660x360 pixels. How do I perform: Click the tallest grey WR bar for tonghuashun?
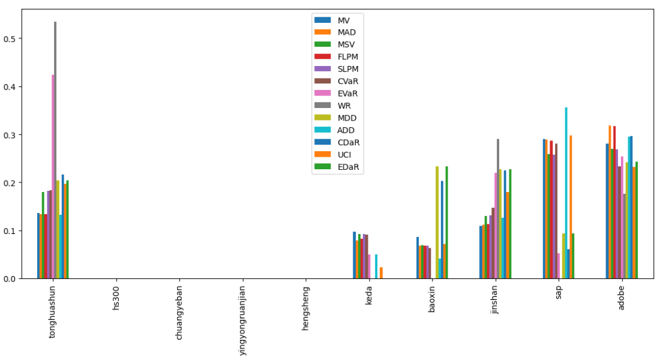(55, 150)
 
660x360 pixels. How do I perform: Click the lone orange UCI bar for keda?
(381, 273)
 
